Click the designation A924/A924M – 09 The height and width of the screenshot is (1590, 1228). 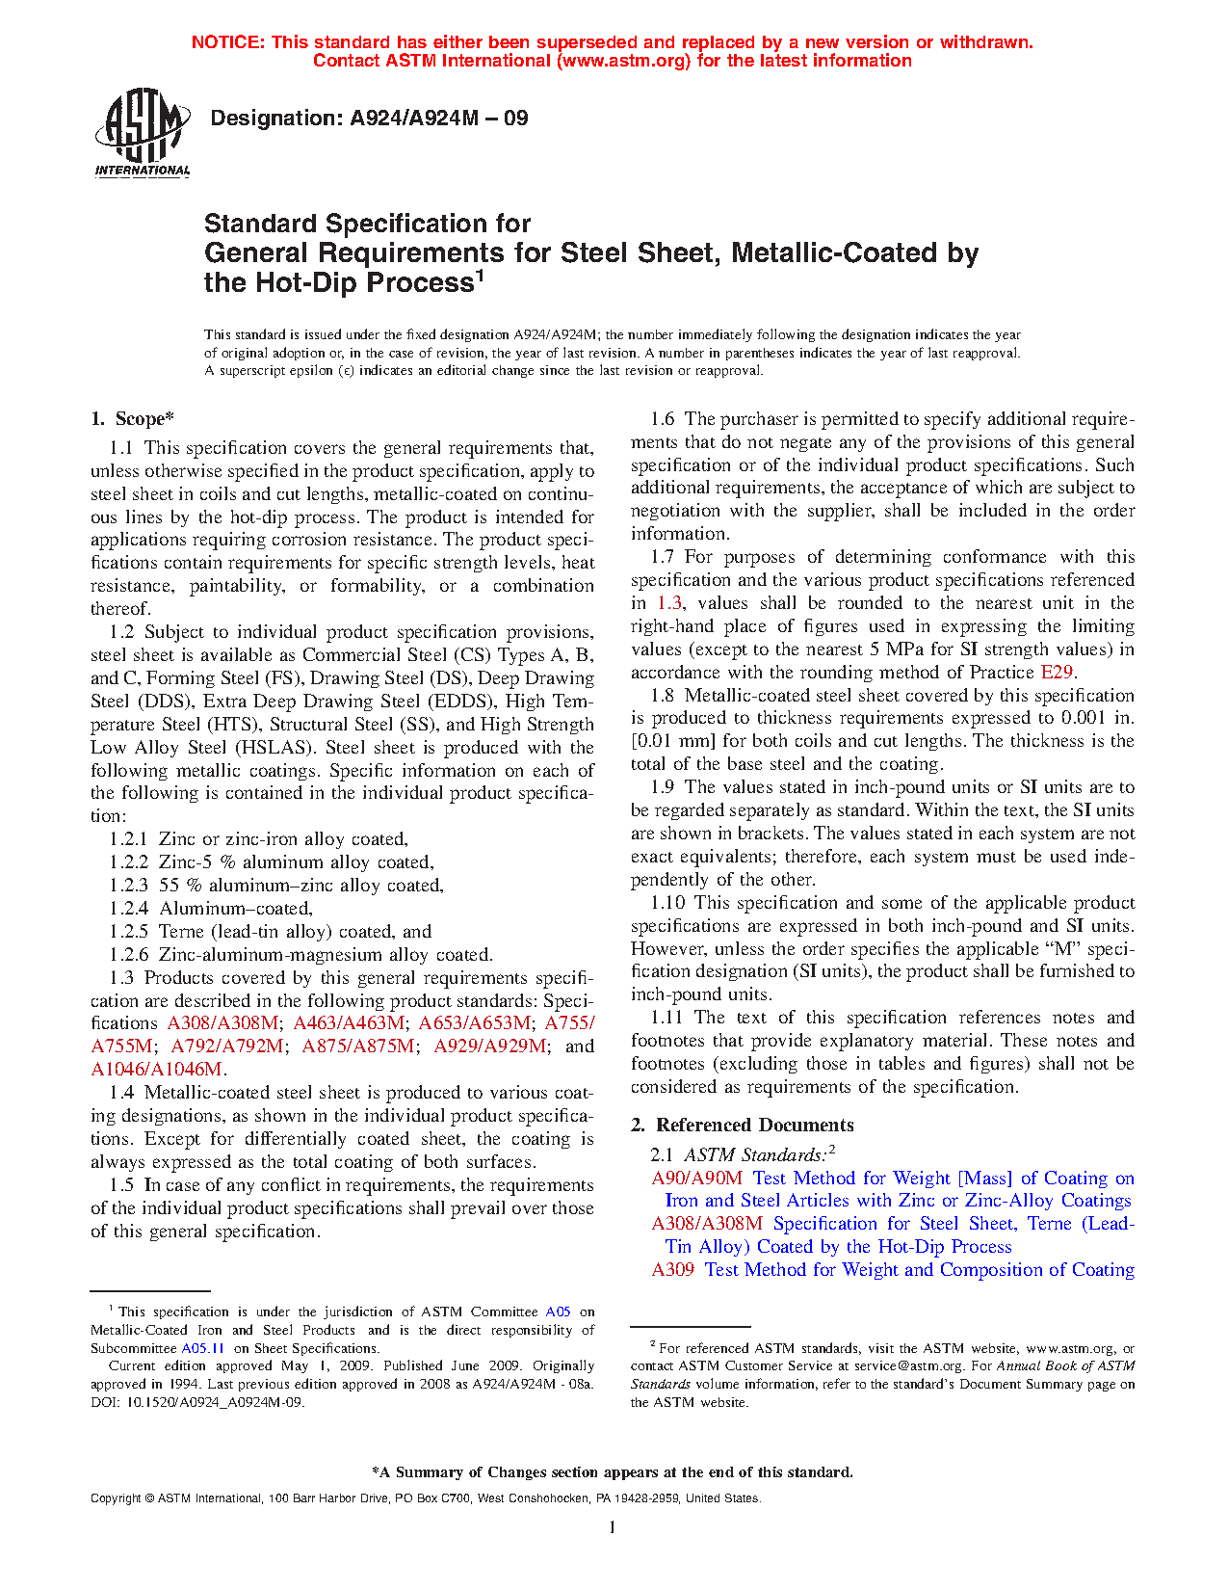tap(369, 119)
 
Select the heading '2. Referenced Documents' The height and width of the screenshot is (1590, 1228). tap(742, 1125)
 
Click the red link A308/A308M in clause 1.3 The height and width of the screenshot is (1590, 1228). tap(223, 1023)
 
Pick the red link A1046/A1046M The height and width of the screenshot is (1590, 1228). tap(158, 1070)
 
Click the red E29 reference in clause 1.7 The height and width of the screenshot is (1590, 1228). tap(1057, 673)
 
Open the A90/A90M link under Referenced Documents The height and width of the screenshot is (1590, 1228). tap(696, 1178)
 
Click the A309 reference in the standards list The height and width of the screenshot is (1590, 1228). tap(672, 1270)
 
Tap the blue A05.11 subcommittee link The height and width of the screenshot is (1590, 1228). tap(202, 1348)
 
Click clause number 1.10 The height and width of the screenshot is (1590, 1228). tap(667, 903)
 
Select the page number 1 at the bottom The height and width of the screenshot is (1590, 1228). tap(613, 1527)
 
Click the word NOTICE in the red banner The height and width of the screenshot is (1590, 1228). tap(227, 42)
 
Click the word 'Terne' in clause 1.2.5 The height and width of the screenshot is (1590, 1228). tap(181, 932)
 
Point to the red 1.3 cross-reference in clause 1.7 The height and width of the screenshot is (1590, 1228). tap(669, 603)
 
